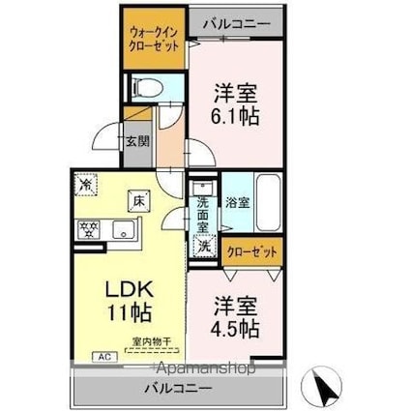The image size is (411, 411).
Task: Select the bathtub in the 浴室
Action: tap(266, 204)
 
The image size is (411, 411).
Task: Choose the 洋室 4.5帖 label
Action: tap(234, 319)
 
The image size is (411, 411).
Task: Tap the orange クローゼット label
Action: tap(252, 251)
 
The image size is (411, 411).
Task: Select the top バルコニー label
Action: tap(239, 21)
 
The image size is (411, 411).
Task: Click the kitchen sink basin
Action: tap(123, 230)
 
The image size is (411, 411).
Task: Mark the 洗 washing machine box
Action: tap(204, 246)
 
